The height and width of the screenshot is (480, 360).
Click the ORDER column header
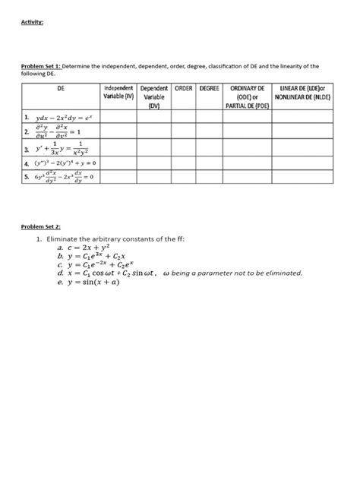[x=182, y=88]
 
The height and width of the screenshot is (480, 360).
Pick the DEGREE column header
[x=209, y=88]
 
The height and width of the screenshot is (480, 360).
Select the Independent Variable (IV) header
[x=118, y=93]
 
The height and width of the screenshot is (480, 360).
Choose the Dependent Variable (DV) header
[x=154, y=96]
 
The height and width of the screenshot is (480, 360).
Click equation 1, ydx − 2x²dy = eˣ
[x=57, y=118]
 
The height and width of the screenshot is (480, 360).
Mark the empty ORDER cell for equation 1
[x=182, y=118]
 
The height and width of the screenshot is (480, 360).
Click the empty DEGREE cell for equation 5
[x=209, y=177]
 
